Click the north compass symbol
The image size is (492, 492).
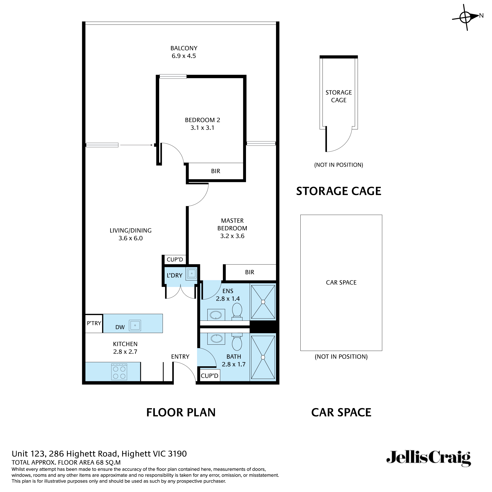(466, 17)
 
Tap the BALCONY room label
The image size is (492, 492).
(184, 48)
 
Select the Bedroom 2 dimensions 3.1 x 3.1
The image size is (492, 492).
(202, 128)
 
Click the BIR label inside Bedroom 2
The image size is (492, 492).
(215, 171)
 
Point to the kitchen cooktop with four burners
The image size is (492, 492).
(119, 372)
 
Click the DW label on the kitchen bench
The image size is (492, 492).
(120, 327)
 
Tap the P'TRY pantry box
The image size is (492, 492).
(94, 323)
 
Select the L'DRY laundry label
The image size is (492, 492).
(174, 275)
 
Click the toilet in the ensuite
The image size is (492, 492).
(237, 311)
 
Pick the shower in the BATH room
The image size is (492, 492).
(263, 357)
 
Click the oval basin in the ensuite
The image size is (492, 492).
(216, 315)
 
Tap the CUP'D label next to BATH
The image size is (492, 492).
(209, 376)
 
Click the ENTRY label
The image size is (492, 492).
(180, 356)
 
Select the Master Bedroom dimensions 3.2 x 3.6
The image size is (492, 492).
(232, 236)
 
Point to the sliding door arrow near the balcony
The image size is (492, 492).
(136, 145)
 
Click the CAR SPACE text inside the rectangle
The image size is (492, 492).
(341, 282)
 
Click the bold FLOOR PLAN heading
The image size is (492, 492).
(181, 412)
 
